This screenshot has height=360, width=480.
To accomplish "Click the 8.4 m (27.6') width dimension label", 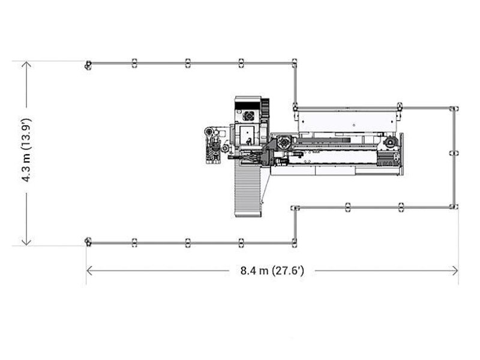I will coord(272,271).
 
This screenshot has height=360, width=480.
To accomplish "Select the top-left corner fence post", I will coord(88,65).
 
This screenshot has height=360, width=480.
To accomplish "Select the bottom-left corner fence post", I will coord(88,242).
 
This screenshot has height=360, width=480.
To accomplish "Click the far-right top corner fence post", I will coord(454,108).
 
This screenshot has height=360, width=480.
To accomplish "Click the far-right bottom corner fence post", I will coord(454,206).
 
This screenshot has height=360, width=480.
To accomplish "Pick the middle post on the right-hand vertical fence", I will coord(453,153).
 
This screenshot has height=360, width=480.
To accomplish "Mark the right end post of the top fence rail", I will coord(294,62).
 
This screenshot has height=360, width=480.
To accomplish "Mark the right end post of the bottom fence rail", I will coord(294,242).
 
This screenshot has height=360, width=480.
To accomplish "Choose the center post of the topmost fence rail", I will coord(188,62).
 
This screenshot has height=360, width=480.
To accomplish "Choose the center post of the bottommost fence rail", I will coord(188,242).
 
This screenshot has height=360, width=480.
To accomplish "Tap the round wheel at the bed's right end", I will coord(391,143).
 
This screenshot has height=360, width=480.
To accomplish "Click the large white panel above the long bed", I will coord(348,120).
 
